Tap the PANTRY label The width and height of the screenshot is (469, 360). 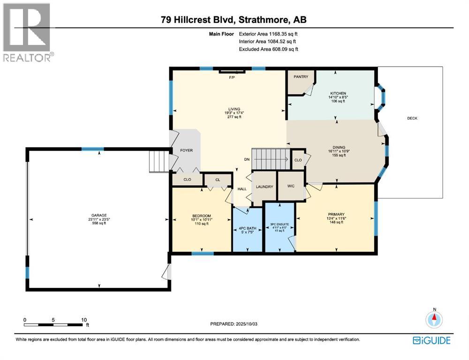[300, 76]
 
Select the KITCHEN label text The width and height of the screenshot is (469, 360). [337, 92]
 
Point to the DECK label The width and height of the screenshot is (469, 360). [412, 118]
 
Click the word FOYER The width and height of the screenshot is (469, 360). [187, 150]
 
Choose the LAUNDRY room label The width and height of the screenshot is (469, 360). [265, 187]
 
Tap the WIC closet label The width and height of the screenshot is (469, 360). [291, 187]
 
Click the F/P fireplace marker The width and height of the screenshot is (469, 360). [231, 77]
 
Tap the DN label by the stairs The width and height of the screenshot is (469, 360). [247, 159]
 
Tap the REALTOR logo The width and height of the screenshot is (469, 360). [27, 32]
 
